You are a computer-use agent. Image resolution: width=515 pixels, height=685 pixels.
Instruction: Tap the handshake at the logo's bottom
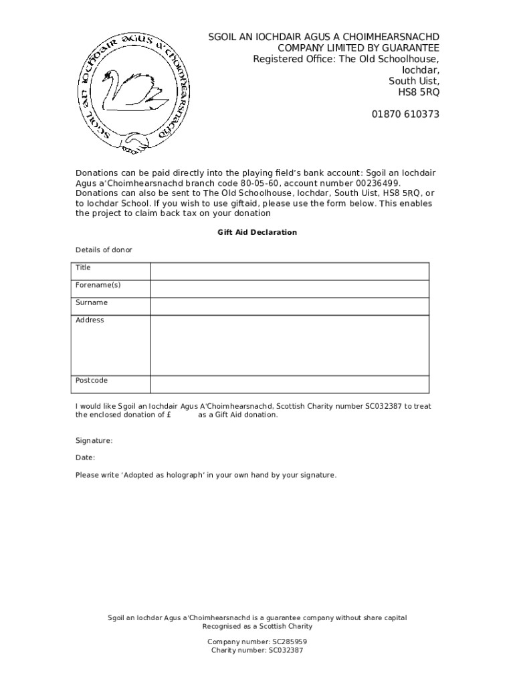coord(138,143)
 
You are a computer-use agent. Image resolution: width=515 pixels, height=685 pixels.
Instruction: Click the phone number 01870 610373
coord(405,114)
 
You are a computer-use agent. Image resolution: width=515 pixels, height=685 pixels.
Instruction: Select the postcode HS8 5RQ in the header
coord(419,92)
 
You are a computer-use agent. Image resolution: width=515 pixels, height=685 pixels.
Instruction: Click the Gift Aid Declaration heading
coord(257,232)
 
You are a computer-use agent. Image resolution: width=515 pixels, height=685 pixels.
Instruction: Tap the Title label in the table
coord(83,268)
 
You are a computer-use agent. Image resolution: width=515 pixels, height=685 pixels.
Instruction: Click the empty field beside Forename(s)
coord(289,288)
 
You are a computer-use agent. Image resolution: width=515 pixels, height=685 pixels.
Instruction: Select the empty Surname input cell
coord(289,306)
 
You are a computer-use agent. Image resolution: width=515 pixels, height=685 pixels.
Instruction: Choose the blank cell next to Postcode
coord(289,384)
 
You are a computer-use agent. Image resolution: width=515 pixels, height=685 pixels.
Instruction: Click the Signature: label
coord(94,441)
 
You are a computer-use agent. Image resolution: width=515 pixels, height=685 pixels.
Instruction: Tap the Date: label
coord(85,458)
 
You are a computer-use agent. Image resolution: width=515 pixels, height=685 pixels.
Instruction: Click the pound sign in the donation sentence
coord(169,415)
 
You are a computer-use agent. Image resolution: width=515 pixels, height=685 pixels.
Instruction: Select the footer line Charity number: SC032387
coord(257,650)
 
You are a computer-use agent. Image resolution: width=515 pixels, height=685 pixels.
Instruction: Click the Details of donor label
coord(104,250)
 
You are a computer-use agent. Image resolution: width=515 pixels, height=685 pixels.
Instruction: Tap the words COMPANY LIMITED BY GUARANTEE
coord(358,48)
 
